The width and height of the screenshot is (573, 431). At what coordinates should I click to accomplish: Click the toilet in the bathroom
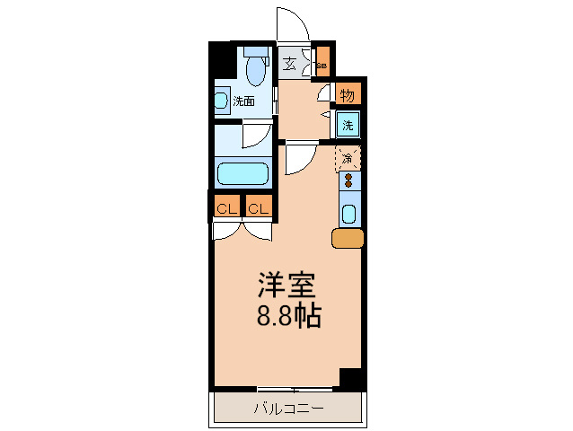click(x=256, y=66)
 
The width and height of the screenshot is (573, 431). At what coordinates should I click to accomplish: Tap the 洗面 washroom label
click(x=243, y=101)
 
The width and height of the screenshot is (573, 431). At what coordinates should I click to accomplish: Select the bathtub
click(x=242, y=172)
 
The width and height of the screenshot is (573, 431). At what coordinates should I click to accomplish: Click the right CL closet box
click(x=258, y=209)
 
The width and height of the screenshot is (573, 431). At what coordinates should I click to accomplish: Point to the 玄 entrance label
click(x=290, y=64)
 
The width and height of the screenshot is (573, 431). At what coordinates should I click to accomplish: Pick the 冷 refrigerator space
click(x=348, y=158)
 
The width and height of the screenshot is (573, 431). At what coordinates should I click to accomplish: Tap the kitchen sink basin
click(x=349, y=214)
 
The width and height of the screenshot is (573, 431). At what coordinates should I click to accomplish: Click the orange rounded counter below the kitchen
click(x=348, y=238)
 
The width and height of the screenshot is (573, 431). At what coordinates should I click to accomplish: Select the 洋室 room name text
click(x=286, y=286)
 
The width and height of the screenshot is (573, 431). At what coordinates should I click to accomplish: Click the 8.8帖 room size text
click(x=287, y=316)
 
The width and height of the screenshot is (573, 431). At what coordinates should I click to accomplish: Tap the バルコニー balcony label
click(x=287, y=409)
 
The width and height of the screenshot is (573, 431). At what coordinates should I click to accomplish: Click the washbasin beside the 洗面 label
click(x=220, y=99)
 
